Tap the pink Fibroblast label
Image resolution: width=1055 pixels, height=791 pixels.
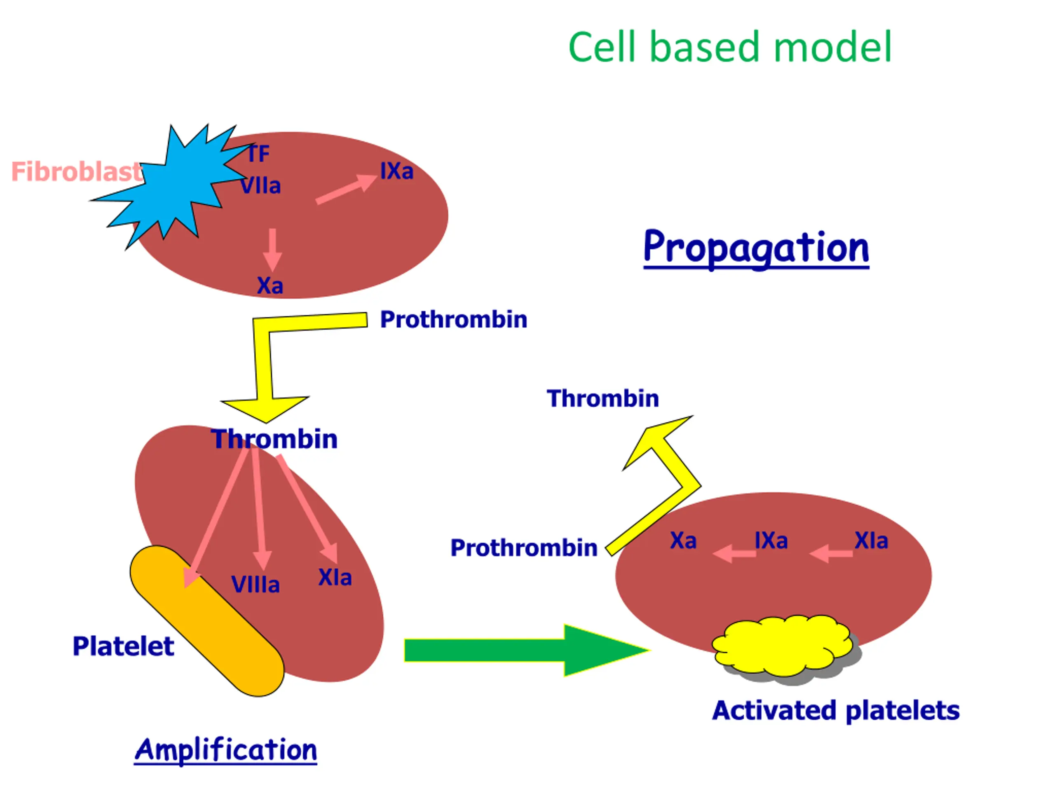(x=76, y=172)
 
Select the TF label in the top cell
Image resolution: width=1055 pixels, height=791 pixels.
(x=259, y=154)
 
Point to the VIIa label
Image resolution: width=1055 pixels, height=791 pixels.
(x=260, y=186)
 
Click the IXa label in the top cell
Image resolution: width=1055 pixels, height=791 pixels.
(x=396, y=171)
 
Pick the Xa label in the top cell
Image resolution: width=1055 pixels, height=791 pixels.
(x=270, y=286)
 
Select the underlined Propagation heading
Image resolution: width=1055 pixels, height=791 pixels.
(x=756, y=248)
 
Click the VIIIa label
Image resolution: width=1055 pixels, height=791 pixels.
(x=255, y=585)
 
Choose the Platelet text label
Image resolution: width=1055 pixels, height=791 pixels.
(x=123, y=647)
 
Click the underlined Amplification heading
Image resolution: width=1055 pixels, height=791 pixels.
(x=225, y=750)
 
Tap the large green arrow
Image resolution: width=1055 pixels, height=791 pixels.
(x=525, y=651)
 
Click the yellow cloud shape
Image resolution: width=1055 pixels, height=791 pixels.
(x=782, y=646)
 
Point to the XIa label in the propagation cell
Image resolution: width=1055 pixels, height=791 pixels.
(x=871, y=541)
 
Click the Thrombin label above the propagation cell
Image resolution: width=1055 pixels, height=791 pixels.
(x=603, y=399)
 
